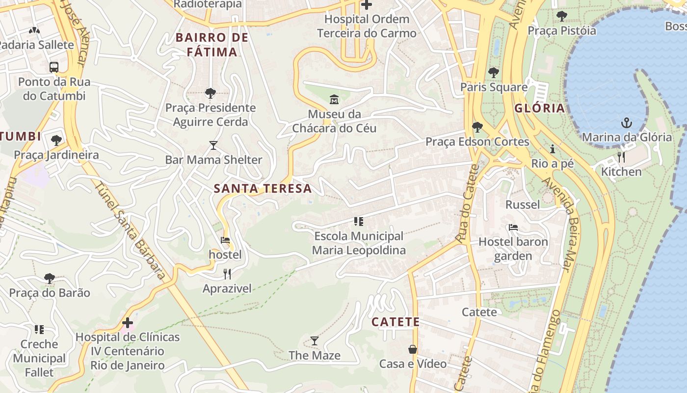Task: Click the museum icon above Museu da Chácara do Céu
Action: click(334, 100)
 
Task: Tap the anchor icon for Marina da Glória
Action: click(627, 123)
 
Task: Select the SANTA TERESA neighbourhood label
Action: click(263, 189)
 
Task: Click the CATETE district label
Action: click(396, 322)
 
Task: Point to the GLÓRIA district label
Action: click(540, 109)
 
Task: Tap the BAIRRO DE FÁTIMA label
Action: click(212, 45)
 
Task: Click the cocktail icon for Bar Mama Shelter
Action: click(213, 145)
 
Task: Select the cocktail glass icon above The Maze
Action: click(315, 341)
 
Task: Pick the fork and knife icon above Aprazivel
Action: click(227, 274)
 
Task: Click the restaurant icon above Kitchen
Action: click(621, 157)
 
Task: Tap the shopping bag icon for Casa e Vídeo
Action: click(413, 349)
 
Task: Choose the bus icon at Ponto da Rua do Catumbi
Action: click(54, 67)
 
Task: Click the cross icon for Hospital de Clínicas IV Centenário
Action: click(128, 323)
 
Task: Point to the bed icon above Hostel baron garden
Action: click(513, 227)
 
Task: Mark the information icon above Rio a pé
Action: click(553, 149)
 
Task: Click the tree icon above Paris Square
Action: click(494, 73)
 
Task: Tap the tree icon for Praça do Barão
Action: click(50, 279)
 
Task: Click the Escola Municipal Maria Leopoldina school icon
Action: click(359, 222)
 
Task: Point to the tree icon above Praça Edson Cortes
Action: click(477, 128)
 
